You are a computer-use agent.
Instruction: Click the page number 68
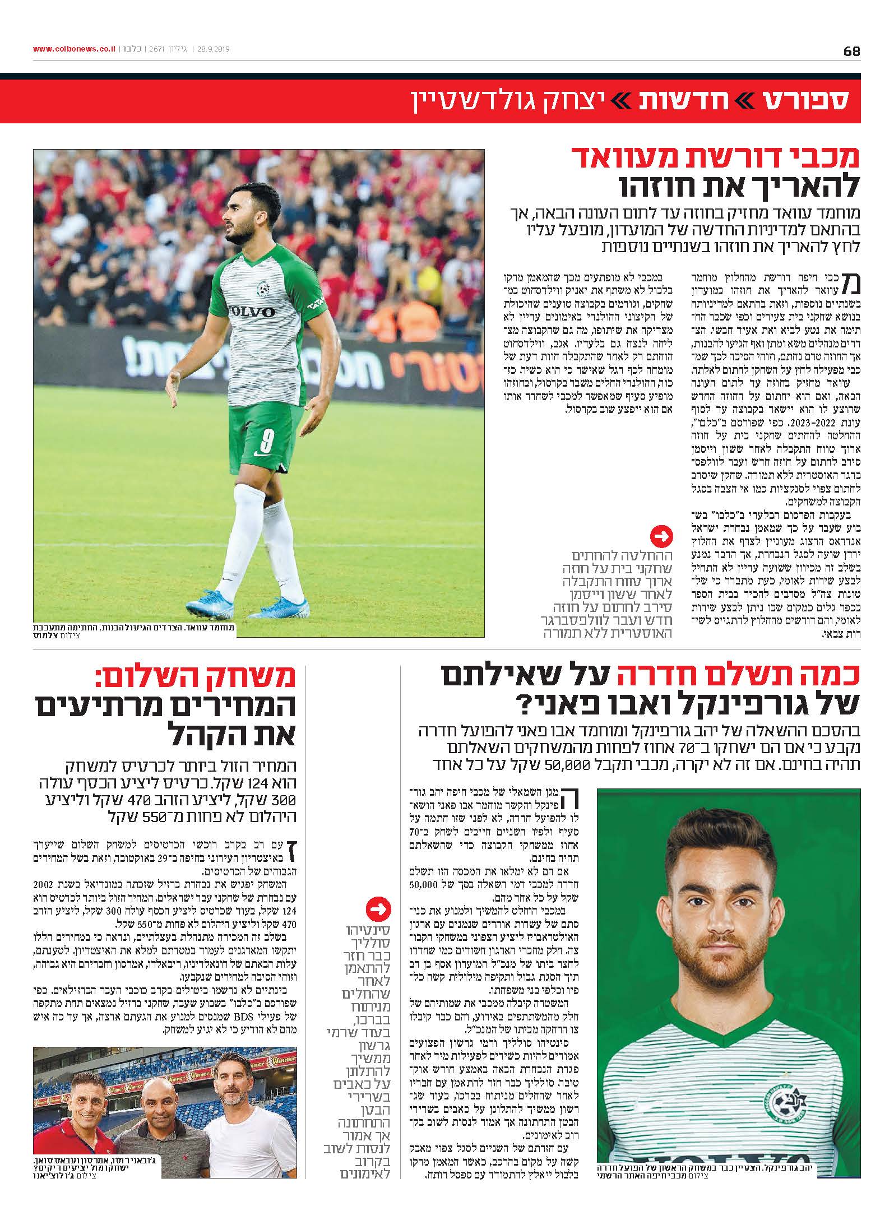click(x=851, y=51)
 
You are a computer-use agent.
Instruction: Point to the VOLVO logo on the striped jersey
click(x=251, y=312)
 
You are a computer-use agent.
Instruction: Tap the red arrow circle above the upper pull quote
click(x=661, y=536)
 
